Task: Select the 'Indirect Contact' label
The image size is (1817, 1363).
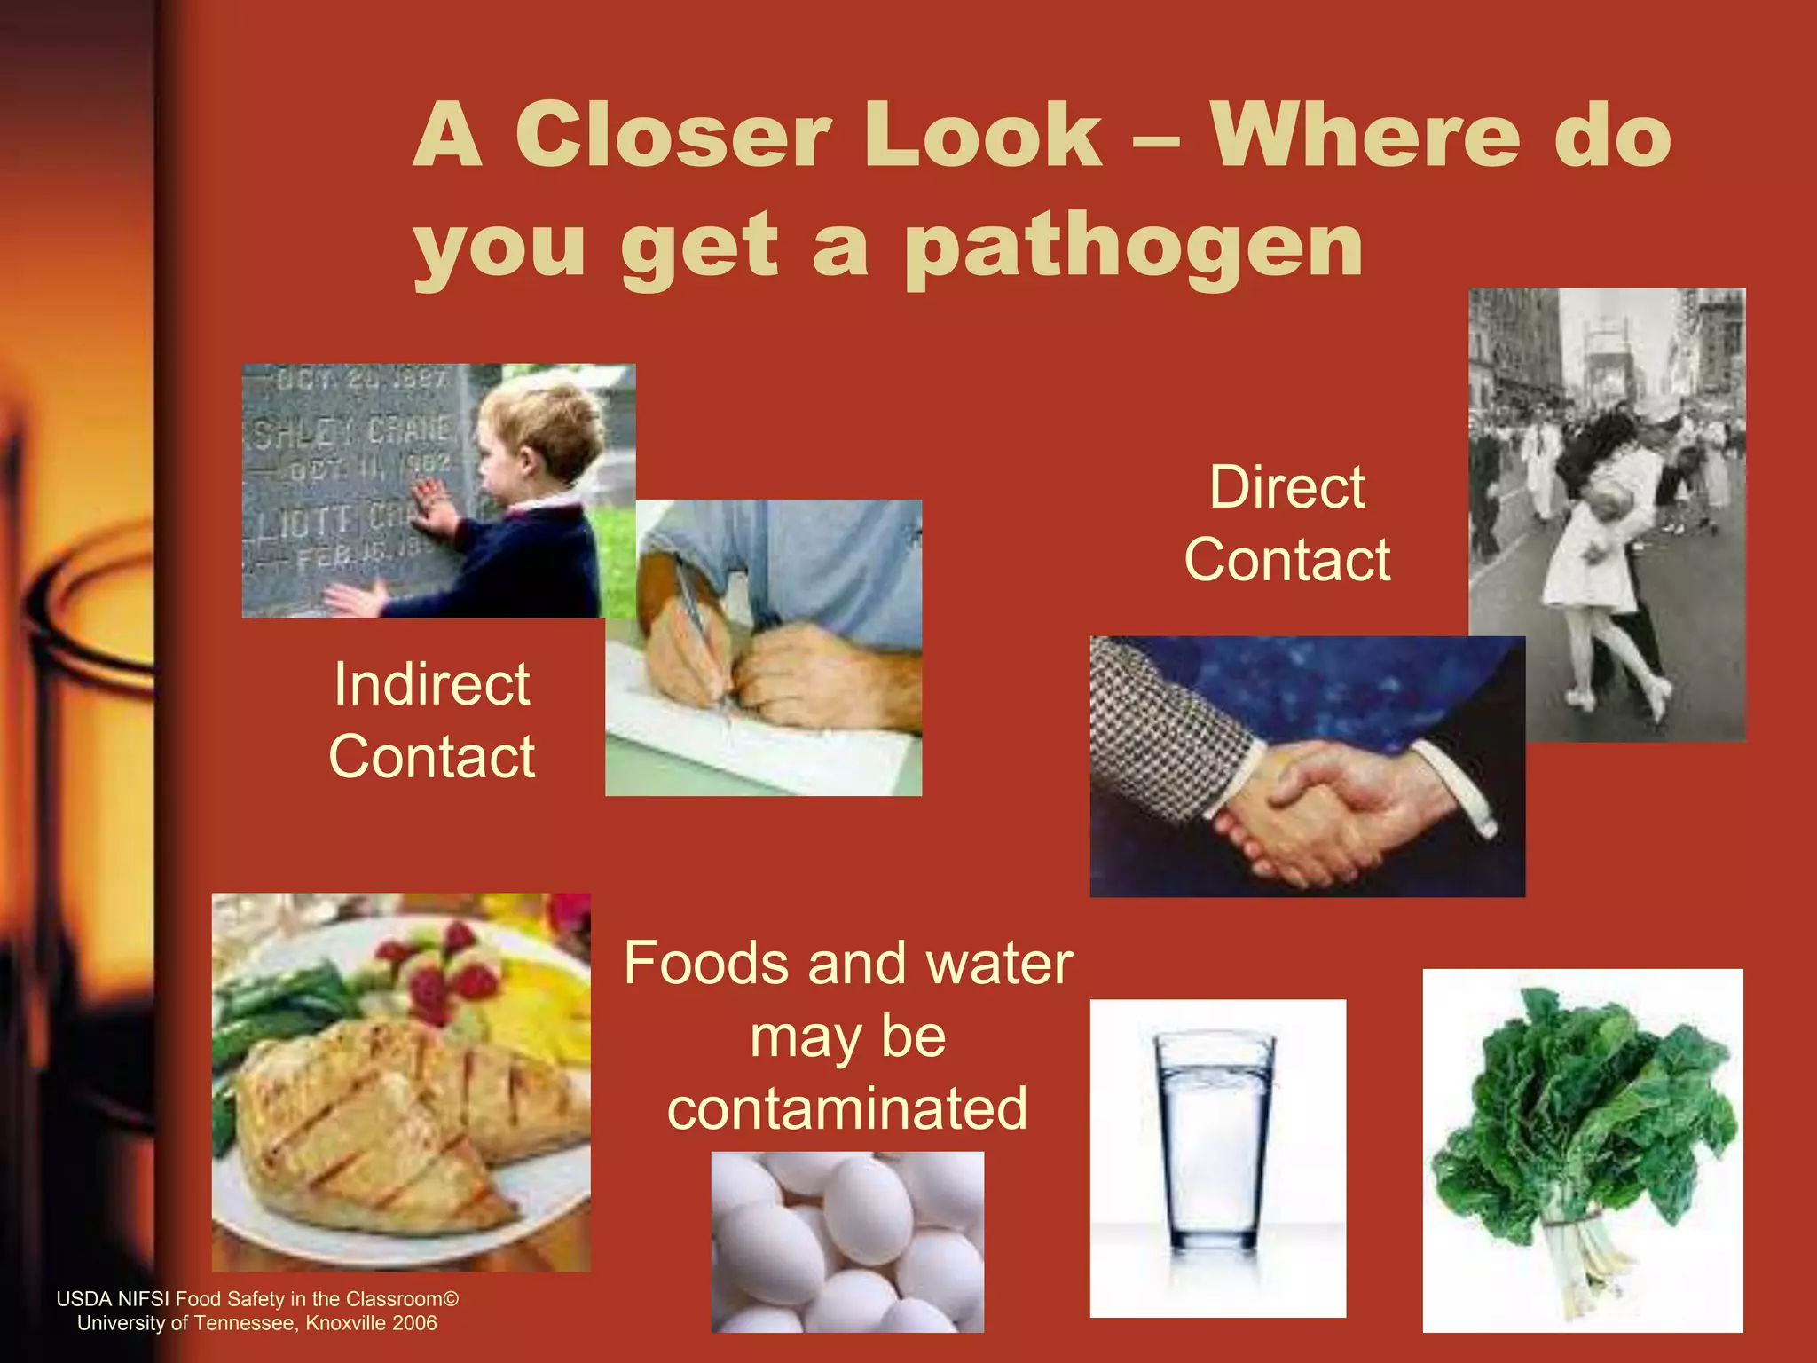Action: click(x=432, y=720)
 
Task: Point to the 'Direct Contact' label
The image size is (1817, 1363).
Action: click(x=1287, y=524)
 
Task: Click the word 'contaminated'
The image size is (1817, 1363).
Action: click(x=847, y=1108)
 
